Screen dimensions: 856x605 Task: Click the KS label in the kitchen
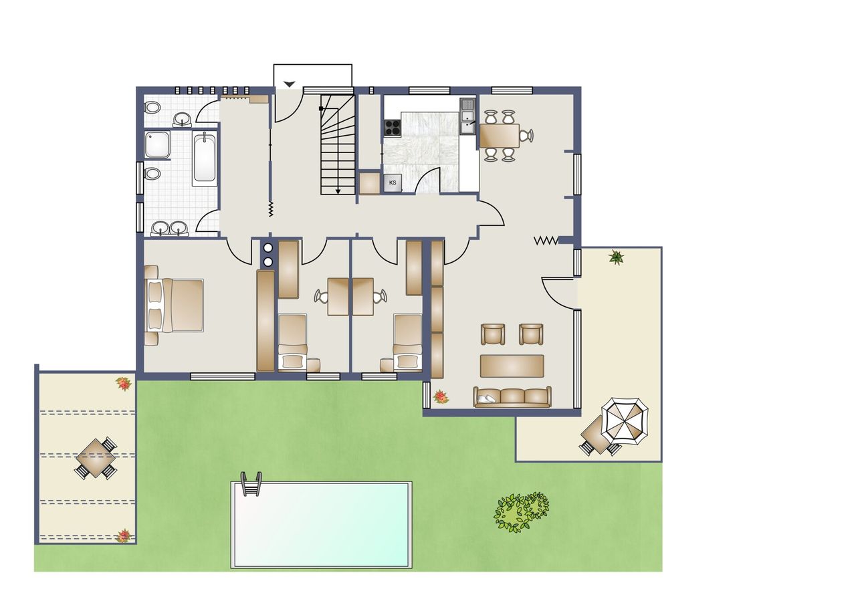[x=393, y=183]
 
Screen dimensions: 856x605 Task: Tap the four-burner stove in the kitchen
[x=393, y=128]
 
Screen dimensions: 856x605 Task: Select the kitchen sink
[x=467, y=116]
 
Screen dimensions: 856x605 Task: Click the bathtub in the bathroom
[x=204, y=159]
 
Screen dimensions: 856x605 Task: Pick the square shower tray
[x=157, y=144]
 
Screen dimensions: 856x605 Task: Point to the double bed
[x=174, y=305]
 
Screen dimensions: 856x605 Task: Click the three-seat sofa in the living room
[x=512, y=396]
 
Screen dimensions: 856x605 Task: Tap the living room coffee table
[x=512, y=366]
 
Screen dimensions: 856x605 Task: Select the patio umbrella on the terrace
[x=625, y=421]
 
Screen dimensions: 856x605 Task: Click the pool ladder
[x=251, y=484]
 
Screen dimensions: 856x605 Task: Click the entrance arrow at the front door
[x=290, y=84]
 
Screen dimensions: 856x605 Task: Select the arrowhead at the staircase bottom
[x=338, y=191]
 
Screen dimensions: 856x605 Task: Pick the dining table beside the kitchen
[x=500, y=136]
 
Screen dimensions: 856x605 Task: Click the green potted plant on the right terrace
[x=617, y=257]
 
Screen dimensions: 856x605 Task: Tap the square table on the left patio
[x=96, y=459]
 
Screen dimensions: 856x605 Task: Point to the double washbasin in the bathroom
[x=169, y=229]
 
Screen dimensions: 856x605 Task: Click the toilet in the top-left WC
[x=152, y=108]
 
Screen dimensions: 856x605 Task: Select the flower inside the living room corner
[x=441, y=397]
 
